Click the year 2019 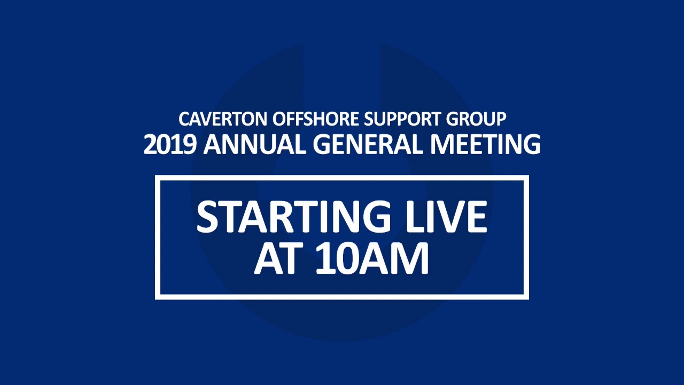click(x=170, y=144)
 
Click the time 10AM click(x=372, y=259)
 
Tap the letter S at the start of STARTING click(x=207, y=218)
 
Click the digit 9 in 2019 click(x=189, y=144)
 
